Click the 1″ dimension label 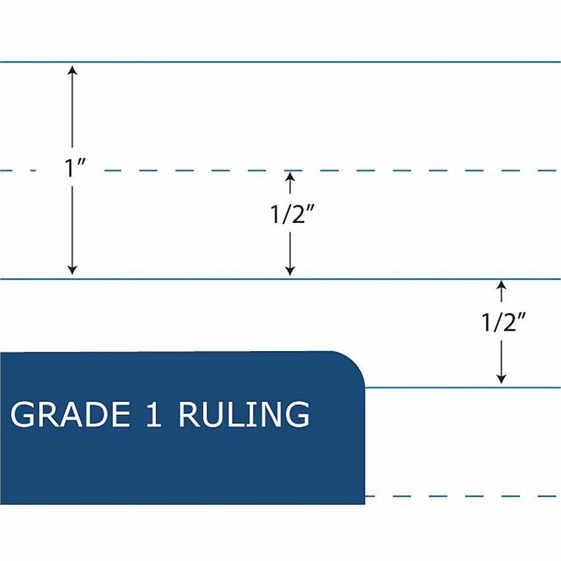pyautogui.click(x=75, y=168)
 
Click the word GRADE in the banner pyautogui.click(x=71, y=414)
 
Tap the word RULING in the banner pyautogui.click(x=244, y=414)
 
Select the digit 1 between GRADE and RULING pyautogui.click(x=154, y=414)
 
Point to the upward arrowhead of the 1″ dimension pyautogui.click(x=73, y=70)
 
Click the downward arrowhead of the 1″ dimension pyautogui.click(x=73, y=271)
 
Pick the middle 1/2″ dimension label pyautogui.click(x=292, y=214)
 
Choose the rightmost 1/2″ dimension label pyautogui.click(x=504, y=322)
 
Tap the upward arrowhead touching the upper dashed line pyautogui.click(x=290, y=178)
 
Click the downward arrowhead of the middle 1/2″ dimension pyautogui.click(x=290, y=271)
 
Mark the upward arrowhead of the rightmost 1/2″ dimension pyautogui.click(x=501, y=286)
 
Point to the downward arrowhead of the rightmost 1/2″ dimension pyautogui.click(x=501, y=379)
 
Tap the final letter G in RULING pyautogui.click(x=298, y=414)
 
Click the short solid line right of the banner pyautogui.click(x=463, y=387)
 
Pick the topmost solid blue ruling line pyautogui.click(x=280, y=62)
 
